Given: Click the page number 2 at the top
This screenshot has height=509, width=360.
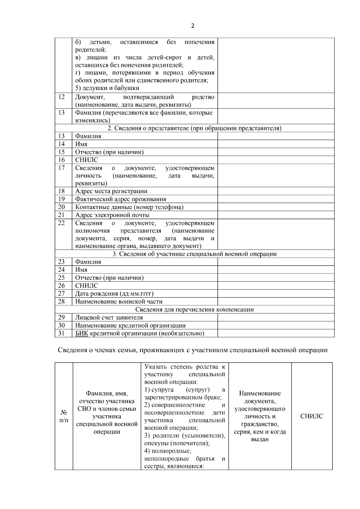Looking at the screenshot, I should point(193,26).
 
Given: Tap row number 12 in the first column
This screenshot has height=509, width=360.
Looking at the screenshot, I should point(61,97).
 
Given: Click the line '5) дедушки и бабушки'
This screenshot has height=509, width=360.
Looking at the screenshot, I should point(107,88).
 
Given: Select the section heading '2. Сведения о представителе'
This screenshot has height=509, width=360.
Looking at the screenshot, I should point(194,128).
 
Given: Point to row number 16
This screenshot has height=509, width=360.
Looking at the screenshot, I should point(61,160).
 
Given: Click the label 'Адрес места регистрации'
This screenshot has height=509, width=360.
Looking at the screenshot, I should point(111,191).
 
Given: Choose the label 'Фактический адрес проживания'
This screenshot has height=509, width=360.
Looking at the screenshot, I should point(121,199).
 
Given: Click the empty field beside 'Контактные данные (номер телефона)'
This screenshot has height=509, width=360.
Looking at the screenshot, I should point(276,207).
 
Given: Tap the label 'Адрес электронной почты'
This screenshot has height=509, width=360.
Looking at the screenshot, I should point(112,215).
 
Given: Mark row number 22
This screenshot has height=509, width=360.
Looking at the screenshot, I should point(61,223).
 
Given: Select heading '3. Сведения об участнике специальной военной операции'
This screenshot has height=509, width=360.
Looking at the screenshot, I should point(194,254).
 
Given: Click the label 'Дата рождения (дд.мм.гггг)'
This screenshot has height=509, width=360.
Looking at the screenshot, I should point(116,294).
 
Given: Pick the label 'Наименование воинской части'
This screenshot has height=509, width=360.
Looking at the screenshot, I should point(119,301).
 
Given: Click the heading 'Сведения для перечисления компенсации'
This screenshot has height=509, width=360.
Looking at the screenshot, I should point(194,310).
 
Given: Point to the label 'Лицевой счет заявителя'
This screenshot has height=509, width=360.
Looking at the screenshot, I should point(109,317).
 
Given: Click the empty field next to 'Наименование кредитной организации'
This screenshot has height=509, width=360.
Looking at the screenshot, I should point(276,325).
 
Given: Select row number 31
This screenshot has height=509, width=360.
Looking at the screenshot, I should point(61,333).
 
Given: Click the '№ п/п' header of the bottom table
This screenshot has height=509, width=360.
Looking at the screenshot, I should point(64,416).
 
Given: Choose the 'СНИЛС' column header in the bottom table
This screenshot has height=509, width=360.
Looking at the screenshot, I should point(312,416).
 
